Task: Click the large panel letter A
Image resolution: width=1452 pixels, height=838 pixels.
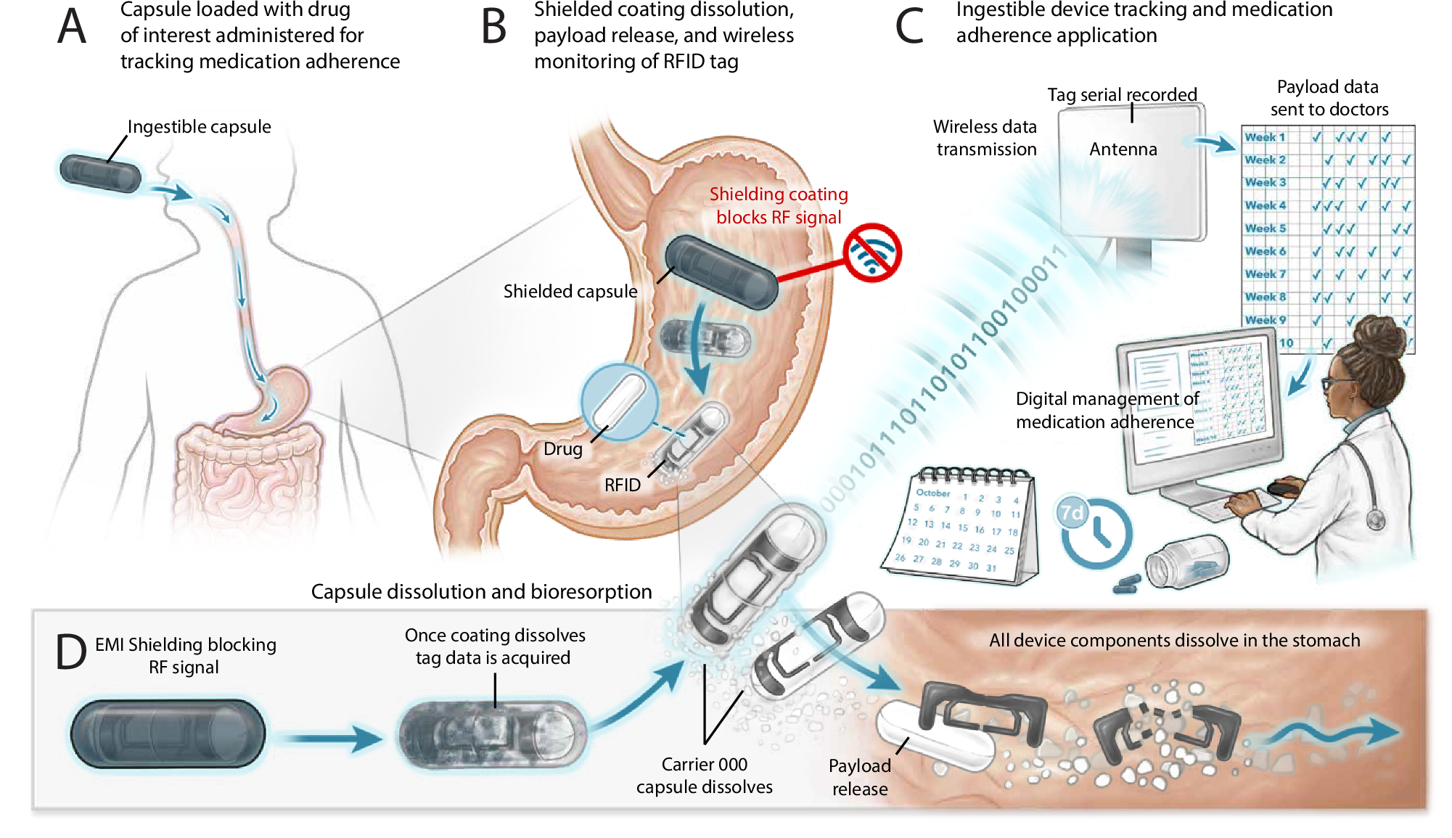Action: (72, 28)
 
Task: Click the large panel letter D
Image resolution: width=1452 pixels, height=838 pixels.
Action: (71, 651)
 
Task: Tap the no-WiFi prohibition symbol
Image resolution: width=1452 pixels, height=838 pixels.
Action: (872, 252)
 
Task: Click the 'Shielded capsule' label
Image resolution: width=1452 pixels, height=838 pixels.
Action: (570, 292)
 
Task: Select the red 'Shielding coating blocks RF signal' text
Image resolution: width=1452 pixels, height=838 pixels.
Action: (778, 206)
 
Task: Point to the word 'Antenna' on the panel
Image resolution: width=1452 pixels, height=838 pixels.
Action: (1123, 149)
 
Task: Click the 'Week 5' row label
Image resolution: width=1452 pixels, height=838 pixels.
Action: (1265, 229)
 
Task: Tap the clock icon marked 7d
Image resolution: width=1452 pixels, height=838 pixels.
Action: (1094, 533)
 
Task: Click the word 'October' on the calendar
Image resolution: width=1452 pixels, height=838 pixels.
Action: (932, 493)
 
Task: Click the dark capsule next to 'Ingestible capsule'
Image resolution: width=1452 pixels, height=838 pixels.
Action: (100, 173)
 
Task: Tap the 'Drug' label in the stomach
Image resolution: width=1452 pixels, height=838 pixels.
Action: (562, 449)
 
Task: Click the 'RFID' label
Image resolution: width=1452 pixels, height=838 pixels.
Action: (622, 485)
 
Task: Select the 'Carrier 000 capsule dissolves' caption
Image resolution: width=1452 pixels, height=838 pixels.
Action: (704, 776)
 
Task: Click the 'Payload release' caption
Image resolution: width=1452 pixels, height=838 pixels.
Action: (859, 777)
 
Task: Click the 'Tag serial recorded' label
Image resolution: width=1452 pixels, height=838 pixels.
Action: (1121, 95)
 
